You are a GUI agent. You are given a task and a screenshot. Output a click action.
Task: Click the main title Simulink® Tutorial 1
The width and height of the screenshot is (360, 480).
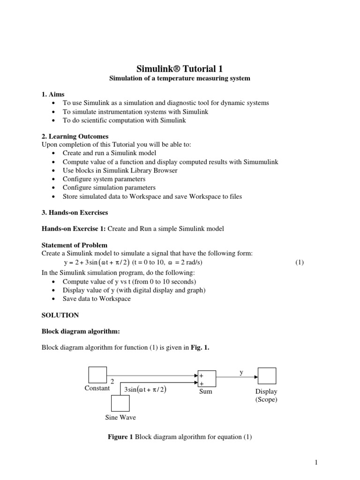pyautogui.click(x=180, y=68)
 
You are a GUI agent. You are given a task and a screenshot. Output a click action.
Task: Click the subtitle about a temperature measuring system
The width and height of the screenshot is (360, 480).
pyautogui.click(x=180, y=79)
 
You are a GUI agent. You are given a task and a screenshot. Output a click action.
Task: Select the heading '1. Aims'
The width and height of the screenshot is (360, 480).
pyautogui.click(x=53, y=94)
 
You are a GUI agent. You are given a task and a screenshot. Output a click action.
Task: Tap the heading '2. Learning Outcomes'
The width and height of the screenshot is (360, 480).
pyautogui.click(x=75, y=136)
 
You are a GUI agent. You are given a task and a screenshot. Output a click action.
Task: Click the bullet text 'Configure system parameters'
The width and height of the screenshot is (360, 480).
pyautogui.click(x=104, y=179)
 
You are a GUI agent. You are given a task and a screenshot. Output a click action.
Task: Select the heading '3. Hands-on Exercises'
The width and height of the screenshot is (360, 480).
pyautogui.click(x=75, y=212)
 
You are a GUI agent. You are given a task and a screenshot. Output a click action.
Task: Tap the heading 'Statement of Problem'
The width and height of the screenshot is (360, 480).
pyautogui.click(x=75, y=245)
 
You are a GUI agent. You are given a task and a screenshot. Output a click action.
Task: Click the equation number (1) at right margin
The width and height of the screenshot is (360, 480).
pyautogui.click(x=300, y=262)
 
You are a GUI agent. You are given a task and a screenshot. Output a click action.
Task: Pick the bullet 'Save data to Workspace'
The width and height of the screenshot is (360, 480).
pyautogui.click(x=97, y=299)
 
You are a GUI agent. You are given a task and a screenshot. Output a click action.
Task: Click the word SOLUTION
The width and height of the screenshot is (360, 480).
pyautogui.click(x=60, y=315)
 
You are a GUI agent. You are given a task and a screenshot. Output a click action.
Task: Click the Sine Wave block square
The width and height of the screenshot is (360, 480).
pyautogui.click(x=120, y=404)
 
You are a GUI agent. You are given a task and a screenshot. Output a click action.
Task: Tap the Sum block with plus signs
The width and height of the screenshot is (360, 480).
pyautogui.click(x=206, y=379)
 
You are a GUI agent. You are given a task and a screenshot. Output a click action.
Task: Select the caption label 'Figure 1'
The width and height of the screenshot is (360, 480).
pyautogui.click(x=118, y=437)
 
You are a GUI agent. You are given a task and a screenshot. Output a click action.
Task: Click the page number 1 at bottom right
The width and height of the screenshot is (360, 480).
pyautogui.click(x=316, y=463)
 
